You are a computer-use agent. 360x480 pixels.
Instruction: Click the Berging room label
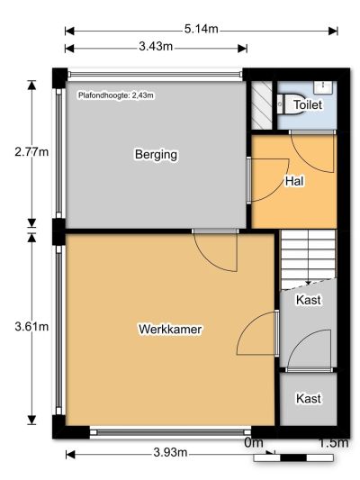(156, 154)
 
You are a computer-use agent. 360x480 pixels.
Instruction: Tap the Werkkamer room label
(170, 330)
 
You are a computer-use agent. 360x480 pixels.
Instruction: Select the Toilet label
(308, 105)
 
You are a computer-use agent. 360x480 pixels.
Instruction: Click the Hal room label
(294, 181)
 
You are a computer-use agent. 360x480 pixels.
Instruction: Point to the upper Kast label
(309, 300)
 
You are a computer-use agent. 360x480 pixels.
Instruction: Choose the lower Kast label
(309, 399)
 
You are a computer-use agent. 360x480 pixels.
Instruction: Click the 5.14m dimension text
(202, 29)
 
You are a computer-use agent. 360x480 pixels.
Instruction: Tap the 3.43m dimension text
(156, 47)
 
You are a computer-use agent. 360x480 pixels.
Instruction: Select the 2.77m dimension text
(31, 152)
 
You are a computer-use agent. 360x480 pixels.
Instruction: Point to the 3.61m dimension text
(31, 327)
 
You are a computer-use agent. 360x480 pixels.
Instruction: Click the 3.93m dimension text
(170, 452)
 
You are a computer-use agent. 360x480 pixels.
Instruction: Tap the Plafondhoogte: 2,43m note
(116, 95)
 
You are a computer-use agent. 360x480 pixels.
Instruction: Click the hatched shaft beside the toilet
(262, 105)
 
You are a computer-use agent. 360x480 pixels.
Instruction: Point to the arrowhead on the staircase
(309, 283)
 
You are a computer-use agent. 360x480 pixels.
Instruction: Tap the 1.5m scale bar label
(333, 443)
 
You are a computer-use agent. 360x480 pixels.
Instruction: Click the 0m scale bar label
(254, 443)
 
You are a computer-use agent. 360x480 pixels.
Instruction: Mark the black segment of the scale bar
(293, 458)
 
